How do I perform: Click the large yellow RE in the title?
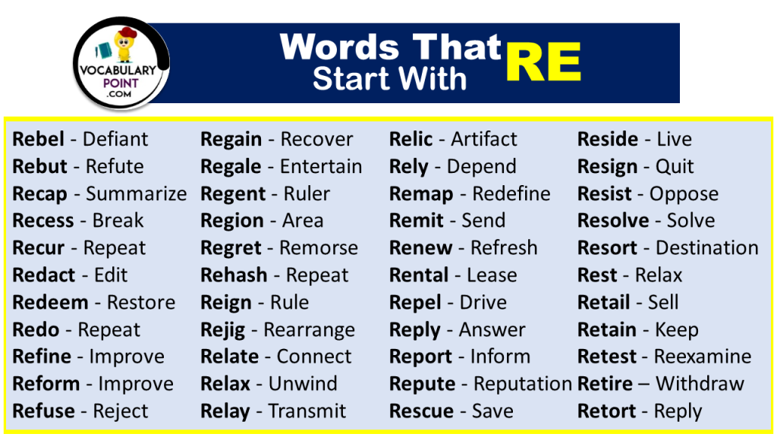click(543, 61)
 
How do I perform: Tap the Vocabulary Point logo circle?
click(121, 65)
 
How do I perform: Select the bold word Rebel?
click(38, 140)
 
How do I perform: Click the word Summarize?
click(136, 194)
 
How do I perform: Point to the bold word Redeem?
click(50, 303)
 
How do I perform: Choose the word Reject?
click(121, 411)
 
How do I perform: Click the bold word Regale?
click(231, 167)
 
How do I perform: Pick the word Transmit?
click(307, 411)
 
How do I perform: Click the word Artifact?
click(483, 140)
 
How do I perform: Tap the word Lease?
click(492, 275)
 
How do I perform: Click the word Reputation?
click(523, 384)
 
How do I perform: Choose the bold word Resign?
click(607, 167)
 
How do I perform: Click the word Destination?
click(706, 248)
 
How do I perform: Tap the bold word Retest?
click(607, 357)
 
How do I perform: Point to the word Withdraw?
click(700, 384)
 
